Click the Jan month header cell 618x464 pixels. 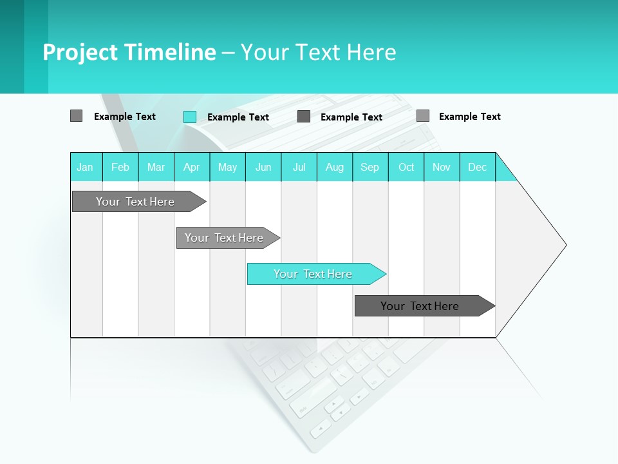(x=86, y=167)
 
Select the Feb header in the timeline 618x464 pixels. (x=120, y=167)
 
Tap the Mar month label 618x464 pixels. (x=156, y=167)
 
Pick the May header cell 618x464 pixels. (x=227, y=167)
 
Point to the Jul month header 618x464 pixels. (x=299, y=167)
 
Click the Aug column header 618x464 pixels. (x=335, y=167)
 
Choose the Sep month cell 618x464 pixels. (x=370, y=167)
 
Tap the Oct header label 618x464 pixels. (x=406, y=167)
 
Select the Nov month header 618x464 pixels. (x=442, y=167)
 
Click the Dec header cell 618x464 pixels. (x=478, y=167)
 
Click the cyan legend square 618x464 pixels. (x=190, y=117)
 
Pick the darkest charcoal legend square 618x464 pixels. (x=304, y=117)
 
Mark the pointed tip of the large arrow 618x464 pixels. (x=565, y=245)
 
